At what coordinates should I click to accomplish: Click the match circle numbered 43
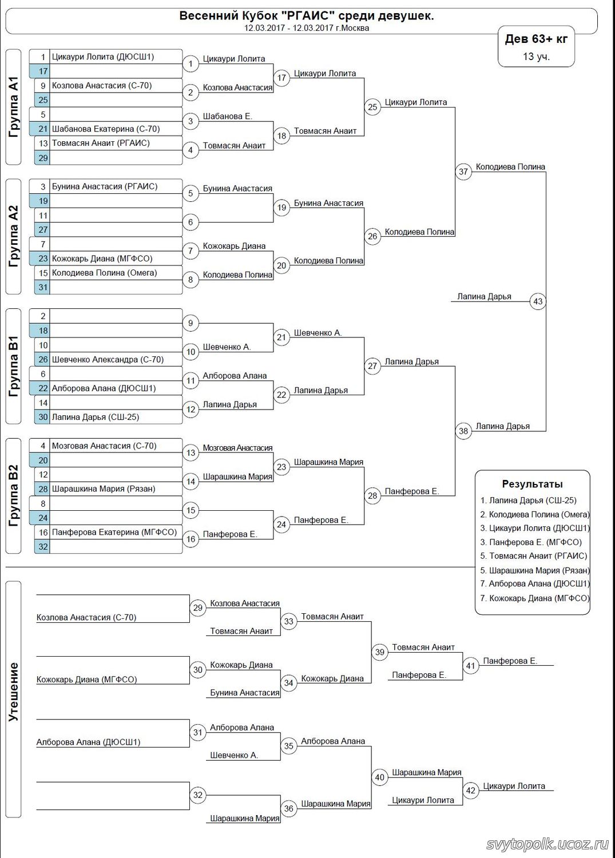(538, 301)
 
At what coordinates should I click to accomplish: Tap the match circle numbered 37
(463, 171)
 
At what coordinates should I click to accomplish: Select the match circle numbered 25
(372, 107)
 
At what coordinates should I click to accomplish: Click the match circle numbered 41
(470, 665)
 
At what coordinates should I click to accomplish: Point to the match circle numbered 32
(198, 795)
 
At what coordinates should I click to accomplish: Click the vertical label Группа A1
(14, 107)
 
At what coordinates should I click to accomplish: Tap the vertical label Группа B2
(14, 496)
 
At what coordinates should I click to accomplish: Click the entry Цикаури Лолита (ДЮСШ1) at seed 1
(103, 57)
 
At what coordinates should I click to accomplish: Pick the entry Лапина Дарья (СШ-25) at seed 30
(96, 417)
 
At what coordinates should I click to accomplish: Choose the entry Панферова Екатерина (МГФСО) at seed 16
(114, 532)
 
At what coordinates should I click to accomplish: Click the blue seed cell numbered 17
(42, 71)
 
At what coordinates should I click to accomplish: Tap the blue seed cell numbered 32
(42, 546)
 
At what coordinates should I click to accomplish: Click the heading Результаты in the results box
(532, 484)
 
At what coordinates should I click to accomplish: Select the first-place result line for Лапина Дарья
(528, 500)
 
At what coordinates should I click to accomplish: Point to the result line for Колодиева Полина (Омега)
(534, 514)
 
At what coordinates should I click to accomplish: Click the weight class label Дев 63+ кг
(536, 39)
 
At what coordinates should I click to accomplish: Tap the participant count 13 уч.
(536, 56)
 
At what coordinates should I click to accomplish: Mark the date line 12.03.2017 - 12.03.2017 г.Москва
(307, 27)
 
